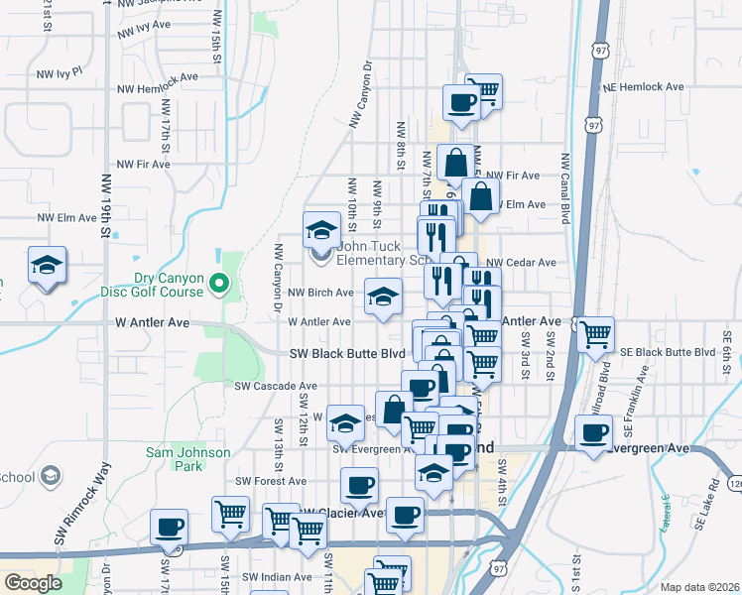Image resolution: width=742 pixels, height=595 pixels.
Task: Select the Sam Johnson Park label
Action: pyautogui.click(x=188, y=459)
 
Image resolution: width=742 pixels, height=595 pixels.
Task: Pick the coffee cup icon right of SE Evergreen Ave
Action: pyautogui.click(x=594, y=432)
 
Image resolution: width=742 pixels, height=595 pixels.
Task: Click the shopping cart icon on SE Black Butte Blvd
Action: pyautogui.click(x=595, y=335)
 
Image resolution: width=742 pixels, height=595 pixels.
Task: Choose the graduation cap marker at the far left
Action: pyautogui.click(x=47, y=265)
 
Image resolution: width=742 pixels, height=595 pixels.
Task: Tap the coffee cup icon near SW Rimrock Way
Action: pyautogui.click(x=169, y=526)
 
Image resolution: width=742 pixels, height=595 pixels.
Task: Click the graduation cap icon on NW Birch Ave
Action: pyautogui.click(x=383, y=297)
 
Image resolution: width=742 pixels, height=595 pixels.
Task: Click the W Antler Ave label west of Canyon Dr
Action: pyautogui.click(x=151, y=322)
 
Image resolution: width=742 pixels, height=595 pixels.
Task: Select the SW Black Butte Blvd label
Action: pyautogui.click(x=347, y=353)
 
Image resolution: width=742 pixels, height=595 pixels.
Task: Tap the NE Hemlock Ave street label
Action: pyautogui.click(x=643, y=87)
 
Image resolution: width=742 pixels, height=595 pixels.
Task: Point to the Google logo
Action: pyautogui.click(x=33, y=583)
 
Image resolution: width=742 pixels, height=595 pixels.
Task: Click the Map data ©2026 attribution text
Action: pyautogui.click(x=698, y=587)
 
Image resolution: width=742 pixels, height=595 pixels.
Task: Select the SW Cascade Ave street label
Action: pyautogui.click(x=276, y=386)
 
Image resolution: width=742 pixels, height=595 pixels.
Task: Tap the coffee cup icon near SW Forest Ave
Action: pyautogui.click(x=359, y=485)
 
